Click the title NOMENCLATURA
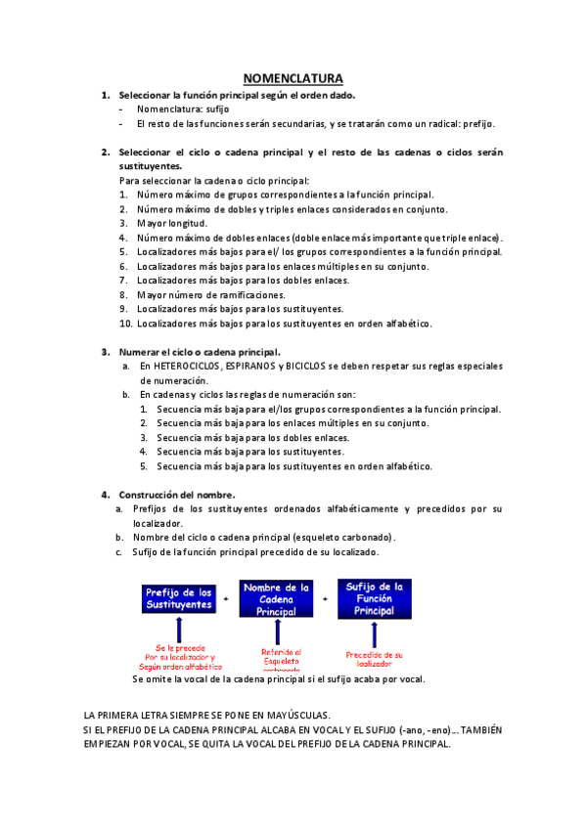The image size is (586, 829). tap(293, 78)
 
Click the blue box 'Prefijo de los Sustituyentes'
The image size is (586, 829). tap(179, 598)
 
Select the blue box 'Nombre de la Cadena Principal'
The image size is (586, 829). tap(276, 598)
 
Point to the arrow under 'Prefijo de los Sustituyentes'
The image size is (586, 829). tap(179, 632)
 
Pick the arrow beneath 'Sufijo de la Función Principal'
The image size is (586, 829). tap(374, 632)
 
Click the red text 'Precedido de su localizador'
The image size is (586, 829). tap(374, 659)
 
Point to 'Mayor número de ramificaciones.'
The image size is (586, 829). tap(211, 294)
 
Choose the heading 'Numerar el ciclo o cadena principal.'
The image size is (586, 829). tap(200, 352)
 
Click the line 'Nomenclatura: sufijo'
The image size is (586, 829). tap(182, 109)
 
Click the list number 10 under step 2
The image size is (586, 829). tap(125, 323)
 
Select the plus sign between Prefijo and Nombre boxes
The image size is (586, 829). tap(227, 598)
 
